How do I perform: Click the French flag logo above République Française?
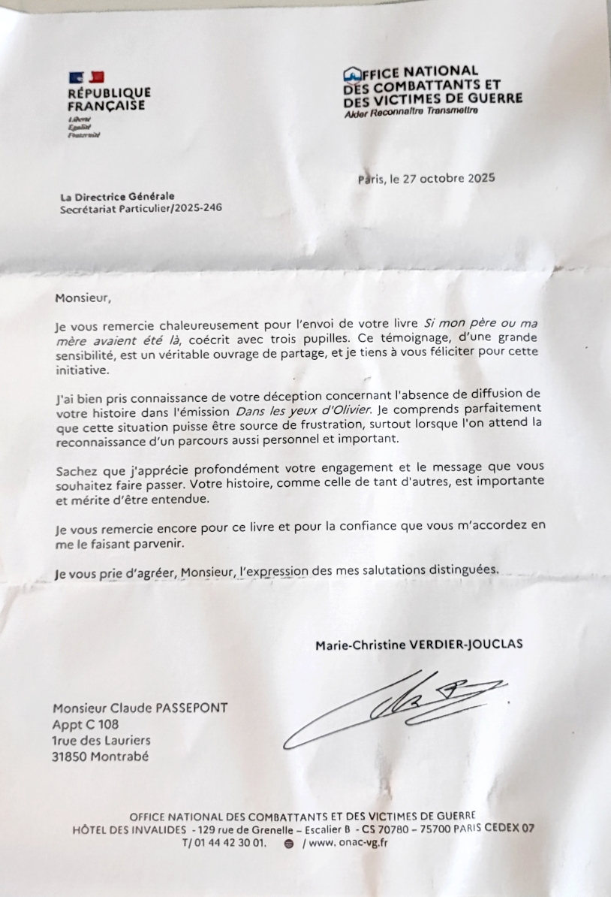[86, 77]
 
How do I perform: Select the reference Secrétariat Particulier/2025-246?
[141, 209]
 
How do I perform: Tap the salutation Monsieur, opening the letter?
[83, 297]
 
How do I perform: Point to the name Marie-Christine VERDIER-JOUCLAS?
[419, 645]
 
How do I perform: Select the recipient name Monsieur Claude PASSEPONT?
[140, 708]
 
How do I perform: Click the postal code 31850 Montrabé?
[100, 757]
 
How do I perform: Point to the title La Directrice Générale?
[117, 197]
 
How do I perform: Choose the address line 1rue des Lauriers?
[101, 741]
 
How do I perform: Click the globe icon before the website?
[289, 844]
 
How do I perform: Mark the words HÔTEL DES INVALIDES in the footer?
[129, 829]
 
